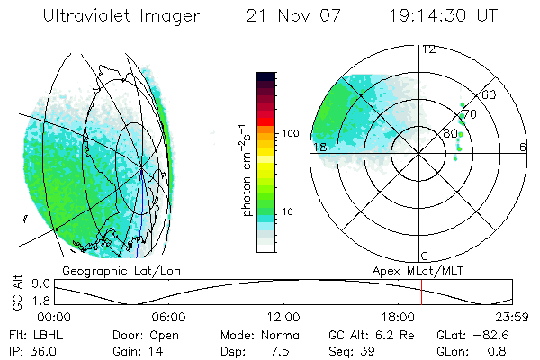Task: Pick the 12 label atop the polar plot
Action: pos(429,49)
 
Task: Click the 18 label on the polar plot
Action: pos(319,147)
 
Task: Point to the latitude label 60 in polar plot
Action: pos(490,94)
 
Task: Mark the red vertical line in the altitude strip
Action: pos(421,292)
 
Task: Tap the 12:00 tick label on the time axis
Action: pos(283,317)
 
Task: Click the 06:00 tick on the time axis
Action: pos(169,317)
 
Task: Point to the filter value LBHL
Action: pos(41,333)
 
